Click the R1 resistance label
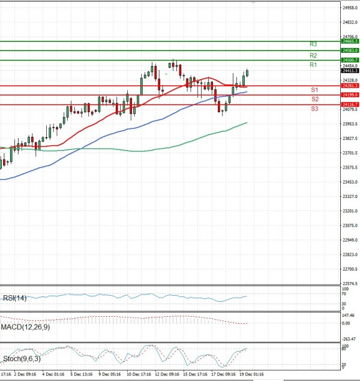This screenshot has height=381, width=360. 313,65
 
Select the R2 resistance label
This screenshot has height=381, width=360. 313,55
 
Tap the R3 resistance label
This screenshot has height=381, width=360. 313,44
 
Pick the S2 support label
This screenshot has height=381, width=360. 314,98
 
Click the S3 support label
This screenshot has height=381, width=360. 314,109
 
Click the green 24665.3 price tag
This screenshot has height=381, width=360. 350,41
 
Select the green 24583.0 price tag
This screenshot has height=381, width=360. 350,51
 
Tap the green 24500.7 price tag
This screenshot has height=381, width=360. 350,60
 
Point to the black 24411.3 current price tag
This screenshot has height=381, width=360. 350,71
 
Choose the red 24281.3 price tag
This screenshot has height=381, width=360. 350,86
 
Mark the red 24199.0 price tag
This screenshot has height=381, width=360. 350,95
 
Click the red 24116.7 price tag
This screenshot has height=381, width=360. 350,104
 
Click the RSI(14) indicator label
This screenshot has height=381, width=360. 15,298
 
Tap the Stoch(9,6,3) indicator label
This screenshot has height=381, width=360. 21,359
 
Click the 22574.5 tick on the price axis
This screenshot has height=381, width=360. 350,283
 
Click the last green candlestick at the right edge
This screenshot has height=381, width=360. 247,73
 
